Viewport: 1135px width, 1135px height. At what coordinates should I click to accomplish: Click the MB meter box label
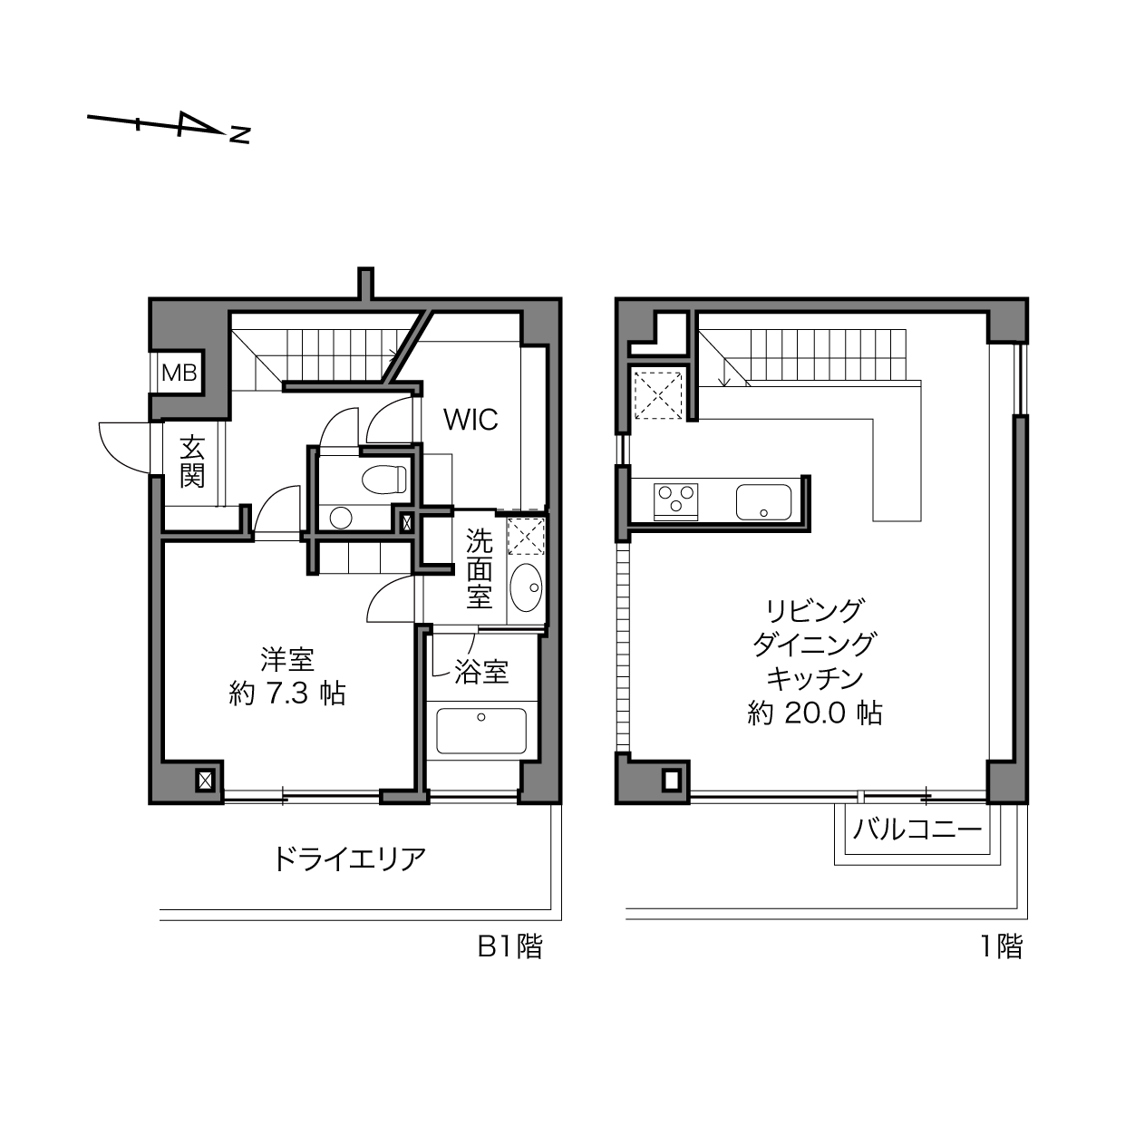pos(179,373)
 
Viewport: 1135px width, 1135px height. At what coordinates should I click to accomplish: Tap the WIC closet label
pos(470,420)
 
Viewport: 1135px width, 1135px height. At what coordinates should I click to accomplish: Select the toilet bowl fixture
pos(384,479)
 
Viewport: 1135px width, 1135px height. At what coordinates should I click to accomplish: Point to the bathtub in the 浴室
pos(481,731)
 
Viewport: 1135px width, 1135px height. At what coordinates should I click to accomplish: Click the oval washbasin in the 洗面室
pos(526,587)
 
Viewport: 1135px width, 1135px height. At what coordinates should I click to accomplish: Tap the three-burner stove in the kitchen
pos(675,502)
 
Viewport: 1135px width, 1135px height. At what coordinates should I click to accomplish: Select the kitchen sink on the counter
pos(763,502)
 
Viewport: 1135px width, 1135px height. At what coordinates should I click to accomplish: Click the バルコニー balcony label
pos(917,829)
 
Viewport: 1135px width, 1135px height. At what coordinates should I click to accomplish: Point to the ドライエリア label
pos(348,859)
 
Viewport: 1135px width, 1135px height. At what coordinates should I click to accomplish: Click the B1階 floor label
pos(510,947)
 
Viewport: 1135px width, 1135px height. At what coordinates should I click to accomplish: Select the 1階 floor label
pos(1002,947)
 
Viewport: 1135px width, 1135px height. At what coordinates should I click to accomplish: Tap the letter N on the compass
pos(239,135)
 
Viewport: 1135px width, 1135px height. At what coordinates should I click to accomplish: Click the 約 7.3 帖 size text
pos(286,694)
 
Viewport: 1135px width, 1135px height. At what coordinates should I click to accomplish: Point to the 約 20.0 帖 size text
pos(815,713)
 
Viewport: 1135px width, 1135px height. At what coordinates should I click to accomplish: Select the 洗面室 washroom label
pos(479,569)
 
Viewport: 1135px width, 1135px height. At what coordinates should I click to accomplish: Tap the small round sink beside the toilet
pos(341,518)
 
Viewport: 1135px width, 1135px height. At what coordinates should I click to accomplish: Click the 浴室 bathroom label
pos(481,672)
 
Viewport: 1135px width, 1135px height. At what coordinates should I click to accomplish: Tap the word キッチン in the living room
pos(815,678)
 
